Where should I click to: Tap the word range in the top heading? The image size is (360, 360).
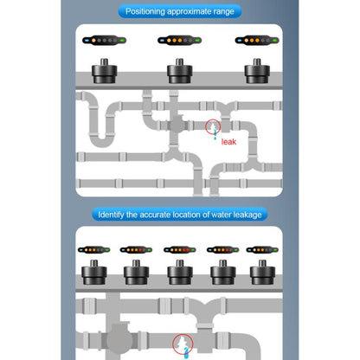coord(222,11)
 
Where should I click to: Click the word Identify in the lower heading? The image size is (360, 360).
coord(118,214)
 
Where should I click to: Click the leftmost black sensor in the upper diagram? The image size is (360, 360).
coord(105,69)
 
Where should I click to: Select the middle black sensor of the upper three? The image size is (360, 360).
coord(180,69)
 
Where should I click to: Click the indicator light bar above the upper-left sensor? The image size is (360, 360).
coord(105,40)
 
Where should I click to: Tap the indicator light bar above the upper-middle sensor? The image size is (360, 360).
coord(180,40)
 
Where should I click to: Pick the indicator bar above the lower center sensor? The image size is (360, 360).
coord(180,250)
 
